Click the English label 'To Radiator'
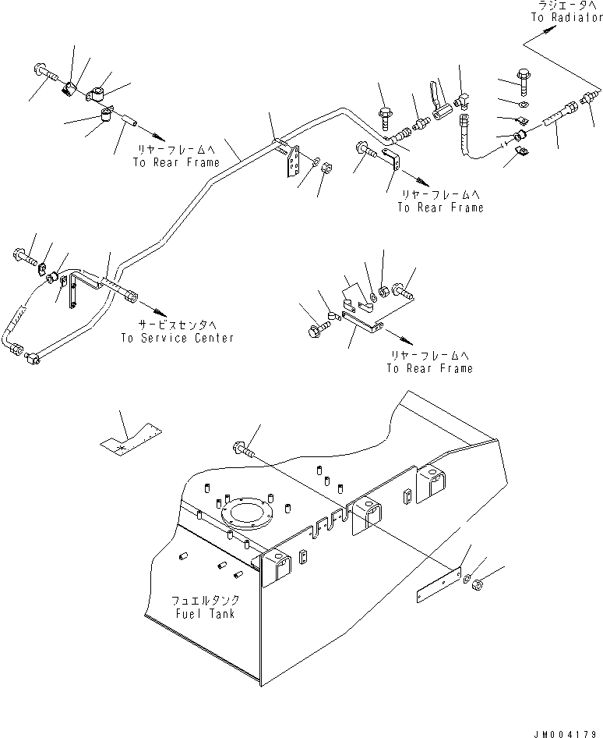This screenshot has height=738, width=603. (567, 17)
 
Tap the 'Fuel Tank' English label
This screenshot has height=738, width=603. (205, 614)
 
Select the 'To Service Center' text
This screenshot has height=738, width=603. (177, 338)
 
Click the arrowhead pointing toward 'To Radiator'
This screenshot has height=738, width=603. (548, 30)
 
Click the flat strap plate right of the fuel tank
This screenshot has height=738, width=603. (439, 584)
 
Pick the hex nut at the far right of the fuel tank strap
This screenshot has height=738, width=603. (478, 586)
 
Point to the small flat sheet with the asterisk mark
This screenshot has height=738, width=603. (131, 438)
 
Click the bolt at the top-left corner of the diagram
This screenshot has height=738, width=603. (46, 73)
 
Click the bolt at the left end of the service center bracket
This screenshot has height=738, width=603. (26, 256)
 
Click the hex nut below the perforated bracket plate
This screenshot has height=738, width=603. (326, 167)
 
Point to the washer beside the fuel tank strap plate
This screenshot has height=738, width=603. (467, 579)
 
